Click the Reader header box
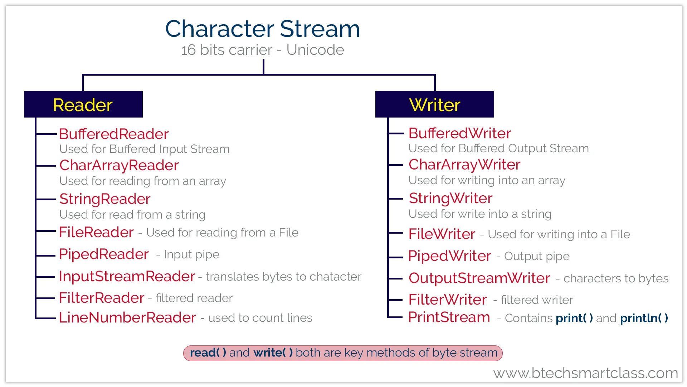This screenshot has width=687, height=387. pyautogui.click(x=83, y=105)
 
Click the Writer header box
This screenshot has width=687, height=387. pyautogui.click(x=434, y=105)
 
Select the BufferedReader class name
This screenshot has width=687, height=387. pyautogui.click(x=114, y=134)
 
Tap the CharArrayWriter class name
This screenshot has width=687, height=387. pyautogui.click(x=464, y=165)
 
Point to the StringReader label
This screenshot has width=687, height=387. pyautogui.click(x=105, y=199)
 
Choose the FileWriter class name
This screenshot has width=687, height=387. pyautogui.click(x=442, y=234)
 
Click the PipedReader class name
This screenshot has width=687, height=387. pyautogui.click(x=104, y=254)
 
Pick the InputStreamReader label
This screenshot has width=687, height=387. pyautogui.click(x=127, y=276)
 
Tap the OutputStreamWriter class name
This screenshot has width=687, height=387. pyautogui.click(x=479, y=278)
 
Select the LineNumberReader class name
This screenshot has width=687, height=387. pyautogui.click(x=127, y=317)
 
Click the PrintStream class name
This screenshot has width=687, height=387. pyautogui.click(x=449, y=317)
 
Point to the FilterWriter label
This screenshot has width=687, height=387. pyautogui.click(x=448, y=300)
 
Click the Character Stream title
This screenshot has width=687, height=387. pyautogui.click(x=262, y=29)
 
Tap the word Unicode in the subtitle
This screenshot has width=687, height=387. pyautogui.click(x=315, y=50)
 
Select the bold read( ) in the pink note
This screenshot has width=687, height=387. pyautogui.click(x=208, y=353)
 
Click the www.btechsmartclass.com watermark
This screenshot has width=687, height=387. pyautogui.click(x=585, y=373)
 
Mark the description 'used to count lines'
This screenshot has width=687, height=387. pyautogui.click(x=260, y=318)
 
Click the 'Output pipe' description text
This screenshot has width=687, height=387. pyautogui.click(x=537, y=257)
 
